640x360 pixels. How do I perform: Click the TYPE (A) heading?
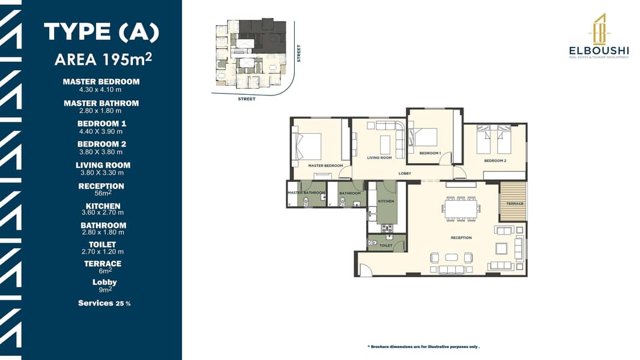click(x=101, y=32)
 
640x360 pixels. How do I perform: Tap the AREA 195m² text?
click(x=103, y=59)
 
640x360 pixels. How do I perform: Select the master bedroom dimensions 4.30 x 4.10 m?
click(x=100, y=89)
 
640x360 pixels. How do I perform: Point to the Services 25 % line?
click(x=104, y=303)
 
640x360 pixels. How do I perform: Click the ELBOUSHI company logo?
click(x=599, y=36)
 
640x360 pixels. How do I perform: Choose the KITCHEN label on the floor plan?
click(x=385, y=201)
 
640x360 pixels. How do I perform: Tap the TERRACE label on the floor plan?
click(x=515, y=203)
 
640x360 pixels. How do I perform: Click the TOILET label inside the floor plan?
click(x=385, y=245)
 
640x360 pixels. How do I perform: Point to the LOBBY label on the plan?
click(x=405, y=173)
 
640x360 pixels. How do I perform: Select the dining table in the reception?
click(x=461, y=208)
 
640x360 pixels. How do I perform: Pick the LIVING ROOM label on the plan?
click(x=379, y=157)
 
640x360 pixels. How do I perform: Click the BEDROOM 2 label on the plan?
click(x=495, y=161)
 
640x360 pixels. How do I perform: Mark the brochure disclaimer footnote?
click(x=424, y=347)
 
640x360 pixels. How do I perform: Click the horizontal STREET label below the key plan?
click(x=247, y=98)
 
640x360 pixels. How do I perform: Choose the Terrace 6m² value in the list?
click(x=105, y=271)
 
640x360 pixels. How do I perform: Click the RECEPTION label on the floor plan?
click(x=461, y=238)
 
